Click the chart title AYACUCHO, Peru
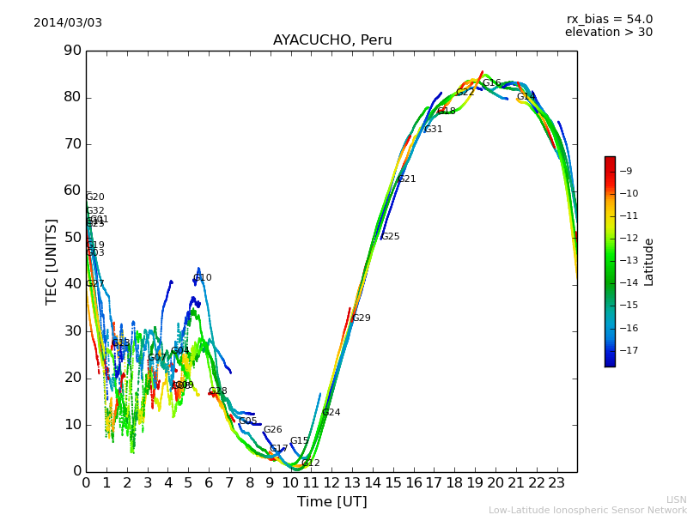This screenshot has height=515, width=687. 332,40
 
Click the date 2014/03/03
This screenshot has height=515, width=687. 68,23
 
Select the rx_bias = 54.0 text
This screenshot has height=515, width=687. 609,19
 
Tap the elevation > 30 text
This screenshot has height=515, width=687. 608,33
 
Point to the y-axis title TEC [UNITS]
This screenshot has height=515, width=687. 52,261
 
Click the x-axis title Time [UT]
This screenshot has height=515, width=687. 331,502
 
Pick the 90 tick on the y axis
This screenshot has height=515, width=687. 72,51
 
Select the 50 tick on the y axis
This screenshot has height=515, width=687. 72,238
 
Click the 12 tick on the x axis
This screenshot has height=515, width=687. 332,483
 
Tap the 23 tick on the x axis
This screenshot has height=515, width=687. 557,483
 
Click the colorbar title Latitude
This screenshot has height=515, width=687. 649,262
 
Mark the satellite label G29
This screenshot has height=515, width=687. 362,318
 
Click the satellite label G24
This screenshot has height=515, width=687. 331,413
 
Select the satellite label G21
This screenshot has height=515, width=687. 406,179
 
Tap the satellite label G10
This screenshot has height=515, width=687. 203,278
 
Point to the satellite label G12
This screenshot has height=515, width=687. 310,463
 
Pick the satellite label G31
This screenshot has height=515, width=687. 434,130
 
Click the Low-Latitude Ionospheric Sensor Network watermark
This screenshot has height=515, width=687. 587,511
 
